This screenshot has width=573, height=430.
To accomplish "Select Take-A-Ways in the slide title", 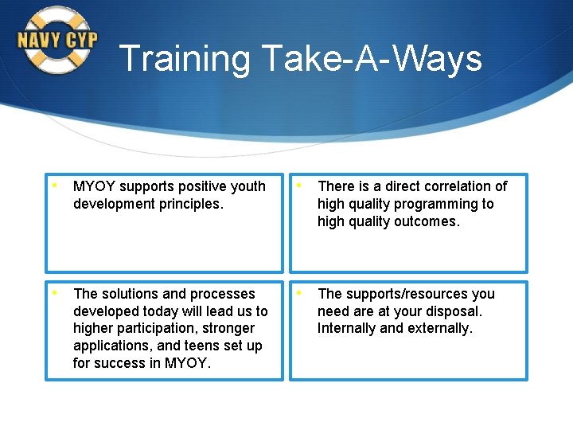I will pos(372,59).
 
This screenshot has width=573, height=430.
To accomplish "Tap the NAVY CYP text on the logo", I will pos(57,40).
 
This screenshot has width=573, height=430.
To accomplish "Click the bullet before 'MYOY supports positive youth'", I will pos(55,186).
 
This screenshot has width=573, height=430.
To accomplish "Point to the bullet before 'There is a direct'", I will pos(299,186).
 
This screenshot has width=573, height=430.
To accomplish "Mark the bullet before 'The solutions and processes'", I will pos(55,293).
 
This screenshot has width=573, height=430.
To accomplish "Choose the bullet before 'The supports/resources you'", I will pos(299,293).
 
